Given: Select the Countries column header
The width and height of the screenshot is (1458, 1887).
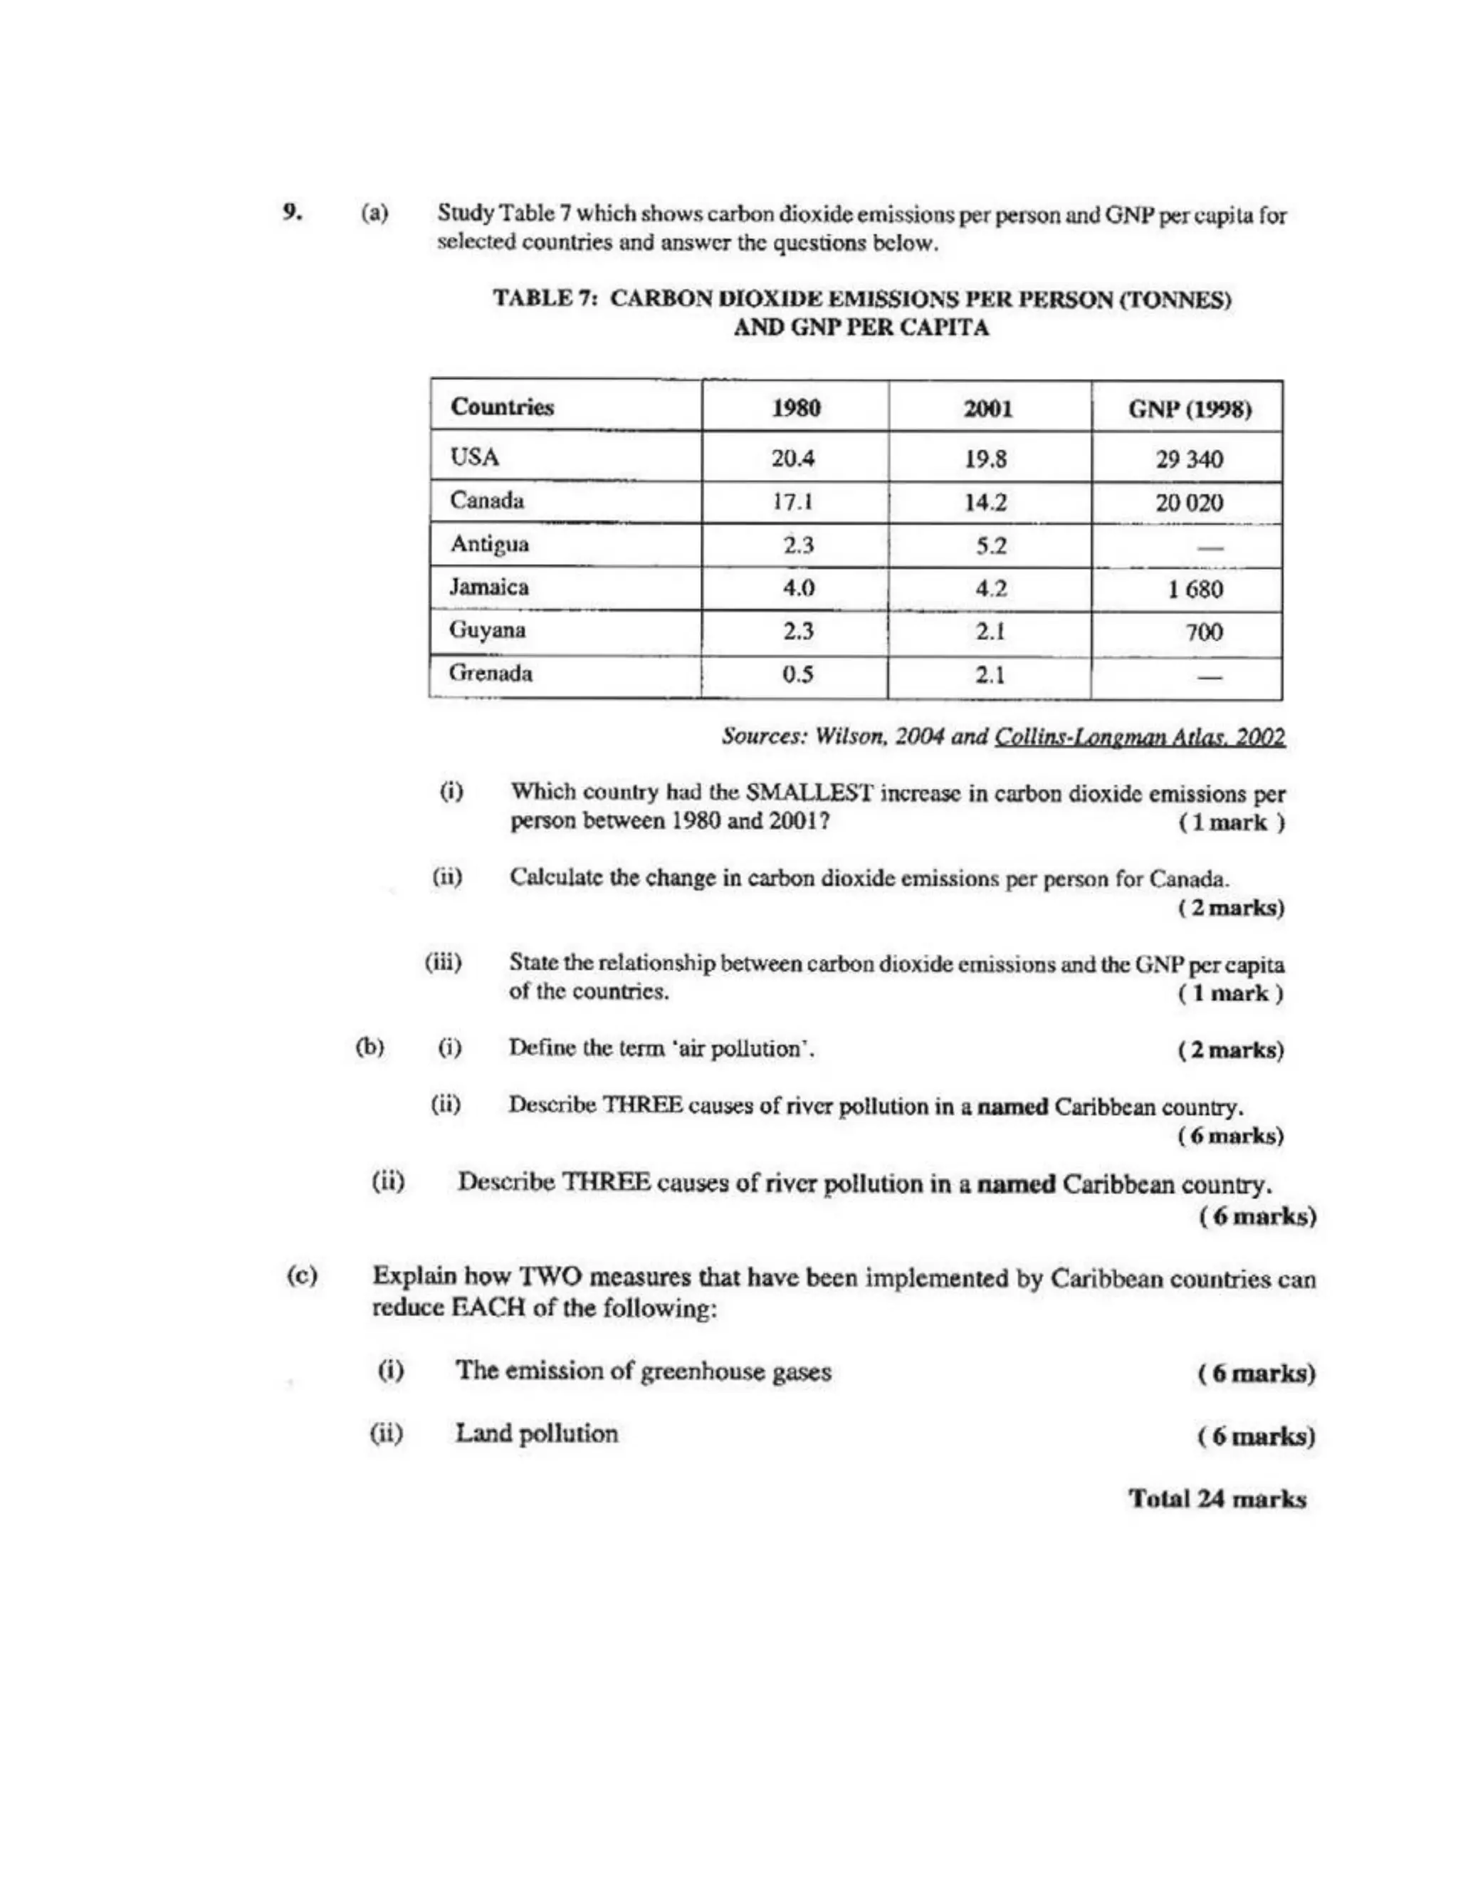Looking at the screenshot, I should (x=502, y=407).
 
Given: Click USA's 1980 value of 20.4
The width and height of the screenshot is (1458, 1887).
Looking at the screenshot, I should (x=793, y=458).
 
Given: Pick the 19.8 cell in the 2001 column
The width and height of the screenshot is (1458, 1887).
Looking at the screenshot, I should (x=985, y=459).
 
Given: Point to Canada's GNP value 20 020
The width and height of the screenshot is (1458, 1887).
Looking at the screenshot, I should (x=1190, y=503).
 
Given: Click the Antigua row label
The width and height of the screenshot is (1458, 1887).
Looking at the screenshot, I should (x=489, y=544).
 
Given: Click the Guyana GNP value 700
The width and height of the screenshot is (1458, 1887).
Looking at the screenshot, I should (x=1203, y=632).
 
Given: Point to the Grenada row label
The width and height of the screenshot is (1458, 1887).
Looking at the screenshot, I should (x=491, y=673).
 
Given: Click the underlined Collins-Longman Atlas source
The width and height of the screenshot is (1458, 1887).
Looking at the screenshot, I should (x=1139, y=737).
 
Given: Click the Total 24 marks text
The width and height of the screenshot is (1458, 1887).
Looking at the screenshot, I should (x=1217, y=1499).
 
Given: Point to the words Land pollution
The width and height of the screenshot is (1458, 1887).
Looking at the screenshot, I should (x=536, y=1434).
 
